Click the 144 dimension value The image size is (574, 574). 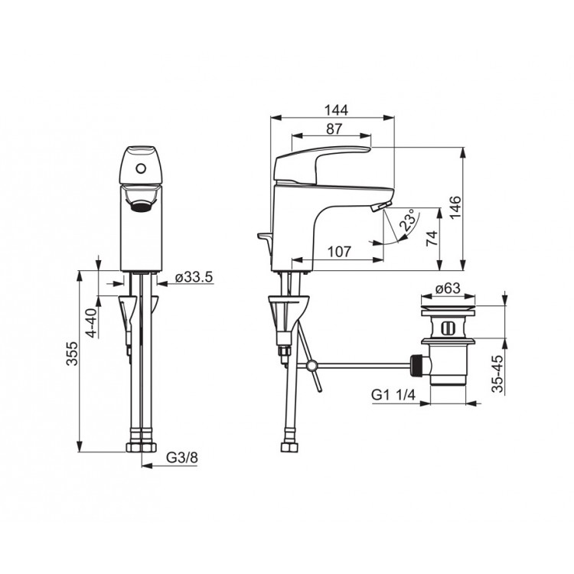[336, 109]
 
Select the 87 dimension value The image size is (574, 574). [334, 129]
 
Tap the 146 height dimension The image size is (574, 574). [455, 207]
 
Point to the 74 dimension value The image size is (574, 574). [432, 238]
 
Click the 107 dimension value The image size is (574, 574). [338, 252]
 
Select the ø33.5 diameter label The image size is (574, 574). [194, 277]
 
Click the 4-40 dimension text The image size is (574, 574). [92, 322]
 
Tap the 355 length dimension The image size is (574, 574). [72, 354]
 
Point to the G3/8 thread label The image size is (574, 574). [182, 457]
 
